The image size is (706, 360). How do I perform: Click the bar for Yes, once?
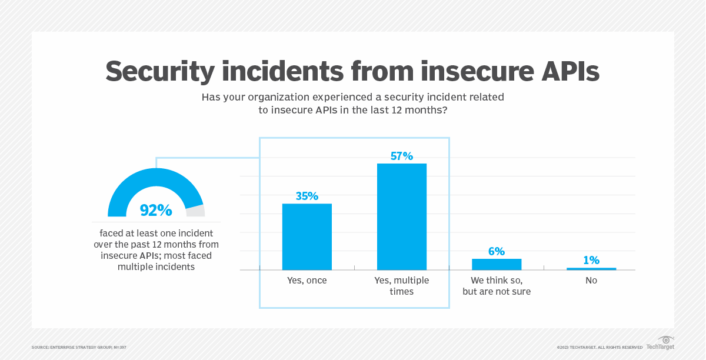[x=307, y=236]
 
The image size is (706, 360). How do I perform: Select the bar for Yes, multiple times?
[x=402, y=216]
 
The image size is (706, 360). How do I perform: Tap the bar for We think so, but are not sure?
[x=497, y=264]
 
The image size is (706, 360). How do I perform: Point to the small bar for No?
[x=591, y=269]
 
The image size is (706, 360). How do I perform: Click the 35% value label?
[x=307, y=196]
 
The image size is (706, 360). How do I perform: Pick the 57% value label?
[x=402, y=156]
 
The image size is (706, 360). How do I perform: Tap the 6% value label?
[x=497, y=251]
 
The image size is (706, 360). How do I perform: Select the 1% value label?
[x=591, y=260]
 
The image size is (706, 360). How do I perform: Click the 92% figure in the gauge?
[x=156, y=210]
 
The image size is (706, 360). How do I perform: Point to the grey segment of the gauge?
[x=195, y=211]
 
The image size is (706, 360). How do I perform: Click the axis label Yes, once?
[x=307, y=281]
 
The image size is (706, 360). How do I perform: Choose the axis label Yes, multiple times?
[x=402, y=286]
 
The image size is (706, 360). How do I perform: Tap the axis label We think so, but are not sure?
[x=497, y=286]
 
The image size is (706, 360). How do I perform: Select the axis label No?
[x=591, y=281]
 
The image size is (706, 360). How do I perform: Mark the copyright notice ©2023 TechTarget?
[x=599, y=348]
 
